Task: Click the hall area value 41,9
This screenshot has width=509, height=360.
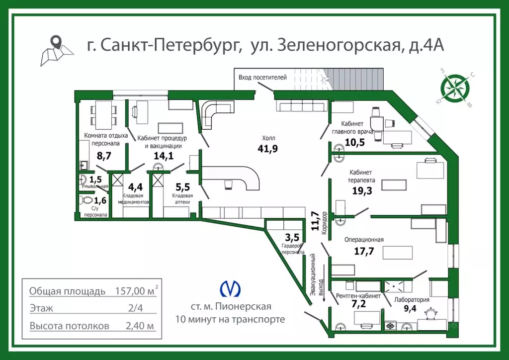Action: (267, 148)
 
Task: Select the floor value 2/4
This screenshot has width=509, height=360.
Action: (136, 308)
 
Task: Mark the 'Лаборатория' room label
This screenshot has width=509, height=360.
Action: (412, 300)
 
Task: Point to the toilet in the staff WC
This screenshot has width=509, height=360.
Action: (85, 200)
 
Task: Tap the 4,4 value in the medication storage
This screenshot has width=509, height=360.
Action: (135, 187)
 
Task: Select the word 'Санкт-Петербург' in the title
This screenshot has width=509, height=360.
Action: (170, 45)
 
